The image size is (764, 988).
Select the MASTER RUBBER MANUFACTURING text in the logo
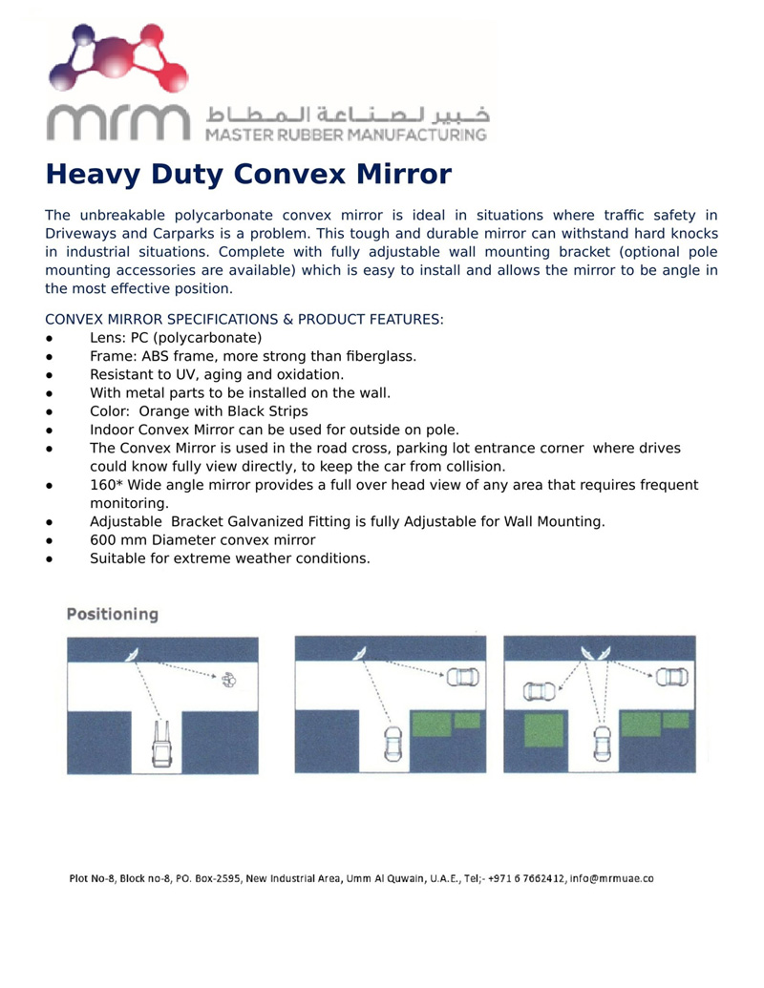click(347, 135)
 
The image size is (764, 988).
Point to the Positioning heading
click(113, 615)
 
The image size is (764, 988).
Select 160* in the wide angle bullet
click(106, 485)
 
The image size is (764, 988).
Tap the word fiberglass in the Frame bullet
click(375, 356)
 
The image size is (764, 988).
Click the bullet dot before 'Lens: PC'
click(49, 339)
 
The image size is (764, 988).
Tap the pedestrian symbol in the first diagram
click(229, 680)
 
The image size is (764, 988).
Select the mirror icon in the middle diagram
click(361, 653)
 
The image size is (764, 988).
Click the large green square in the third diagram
click(544, 733)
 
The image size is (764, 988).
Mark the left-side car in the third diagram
click(541, 690)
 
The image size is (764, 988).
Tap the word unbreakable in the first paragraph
click(117, 216)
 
